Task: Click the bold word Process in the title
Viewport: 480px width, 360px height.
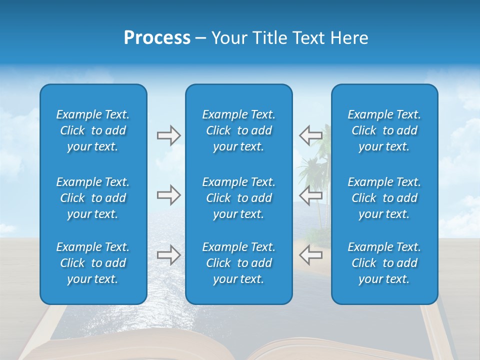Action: tap(157, 38)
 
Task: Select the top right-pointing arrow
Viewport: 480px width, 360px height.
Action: tap(168, 135)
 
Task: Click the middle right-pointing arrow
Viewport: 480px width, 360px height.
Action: tap(168, 195)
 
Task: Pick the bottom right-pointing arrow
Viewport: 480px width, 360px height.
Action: tap(168, 255)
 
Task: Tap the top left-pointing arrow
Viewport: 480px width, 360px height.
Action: tap(310, 135)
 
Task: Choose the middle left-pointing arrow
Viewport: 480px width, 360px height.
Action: tap(310, 195)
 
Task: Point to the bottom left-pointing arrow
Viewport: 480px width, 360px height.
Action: tap(310, 255)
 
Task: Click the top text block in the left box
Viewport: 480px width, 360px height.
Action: tap(93, 130)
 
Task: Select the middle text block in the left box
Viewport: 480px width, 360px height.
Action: tap(93, 198)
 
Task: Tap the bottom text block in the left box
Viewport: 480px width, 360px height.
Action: tap(93, 263)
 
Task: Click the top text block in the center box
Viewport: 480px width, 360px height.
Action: tap(238, 130)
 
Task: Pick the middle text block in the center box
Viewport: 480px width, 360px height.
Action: tap(238, 198)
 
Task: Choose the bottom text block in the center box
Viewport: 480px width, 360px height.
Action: tap(238, 263)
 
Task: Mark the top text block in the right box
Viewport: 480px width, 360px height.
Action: tap(384, 130)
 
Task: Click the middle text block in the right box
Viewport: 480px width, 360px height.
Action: tap(384, 198)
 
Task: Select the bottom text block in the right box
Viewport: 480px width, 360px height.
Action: tap(384, 263)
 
